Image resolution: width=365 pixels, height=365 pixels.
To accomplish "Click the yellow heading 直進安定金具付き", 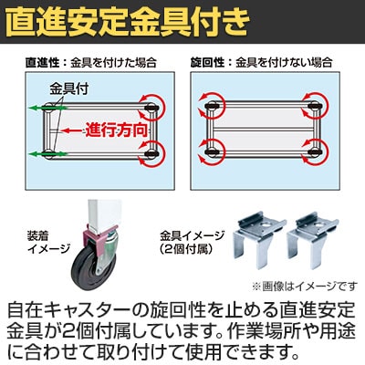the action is [128, 23].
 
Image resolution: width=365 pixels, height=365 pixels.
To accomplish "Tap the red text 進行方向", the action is [116, 130].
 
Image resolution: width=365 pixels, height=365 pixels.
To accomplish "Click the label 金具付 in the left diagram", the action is [69, 89].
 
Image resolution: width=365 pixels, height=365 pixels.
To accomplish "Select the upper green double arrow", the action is [48, 108].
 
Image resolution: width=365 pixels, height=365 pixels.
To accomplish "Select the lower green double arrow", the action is [48, 154].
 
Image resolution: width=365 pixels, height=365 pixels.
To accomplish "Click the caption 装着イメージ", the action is [48, 242].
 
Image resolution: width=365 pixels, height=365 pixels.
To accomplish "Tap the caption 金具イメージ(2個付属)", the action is [193, 242].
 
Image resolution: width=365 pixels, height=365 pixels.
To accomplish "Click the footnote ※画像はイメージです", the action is [305, 286].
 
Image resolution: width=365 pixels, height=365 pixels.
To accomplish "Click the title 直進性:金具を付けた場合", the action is [91, 63].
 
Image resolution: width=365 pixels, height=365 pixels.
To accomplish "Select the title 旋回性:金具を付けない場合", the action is [262, 63].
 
